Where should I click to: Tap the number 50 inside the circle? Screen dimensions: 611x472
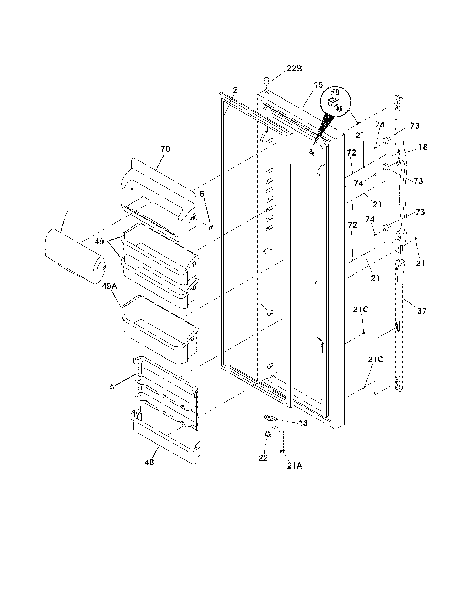pos(335,92)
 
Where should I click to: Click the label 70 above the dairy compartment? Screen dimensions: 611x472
pos(165,149)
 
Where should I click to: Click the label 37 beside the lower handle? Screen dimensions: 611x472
pos(422,311)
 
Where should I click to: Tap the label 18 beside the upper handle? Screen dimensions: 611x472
pos(423,147)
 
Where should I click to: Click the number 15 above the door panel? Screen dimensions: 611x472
pos(318,85)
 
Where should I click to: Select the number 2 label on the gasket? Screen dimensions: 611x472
pos(235,90)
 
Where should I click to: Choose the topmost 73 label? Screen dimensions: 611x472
pos(415,126)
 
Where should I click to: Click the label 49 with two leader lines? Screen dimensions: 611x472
pos(100,241)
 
